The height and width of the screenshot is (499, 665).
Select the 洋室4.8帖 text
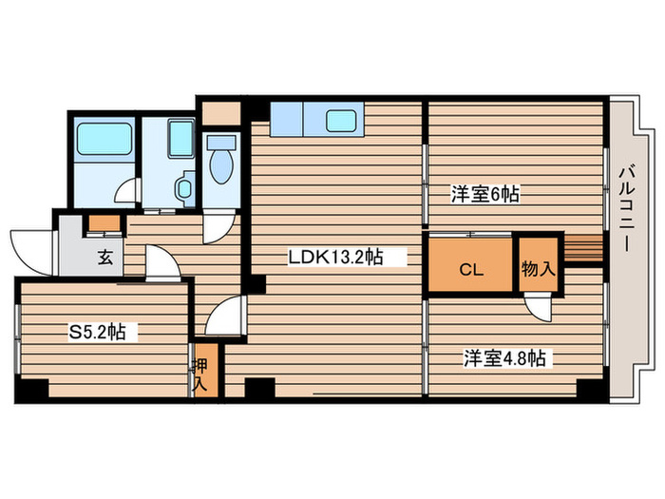[x=504, y=359]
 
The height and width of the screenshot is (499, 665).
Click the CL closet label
[x=471, y=269]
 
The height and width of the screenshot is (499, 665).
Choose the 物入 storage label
[x=538, y=269]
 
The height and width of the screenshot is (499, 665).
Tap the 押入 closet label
[x=200, y=374]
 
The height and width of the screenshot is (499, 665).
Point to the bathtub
[x=102, y=142]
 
